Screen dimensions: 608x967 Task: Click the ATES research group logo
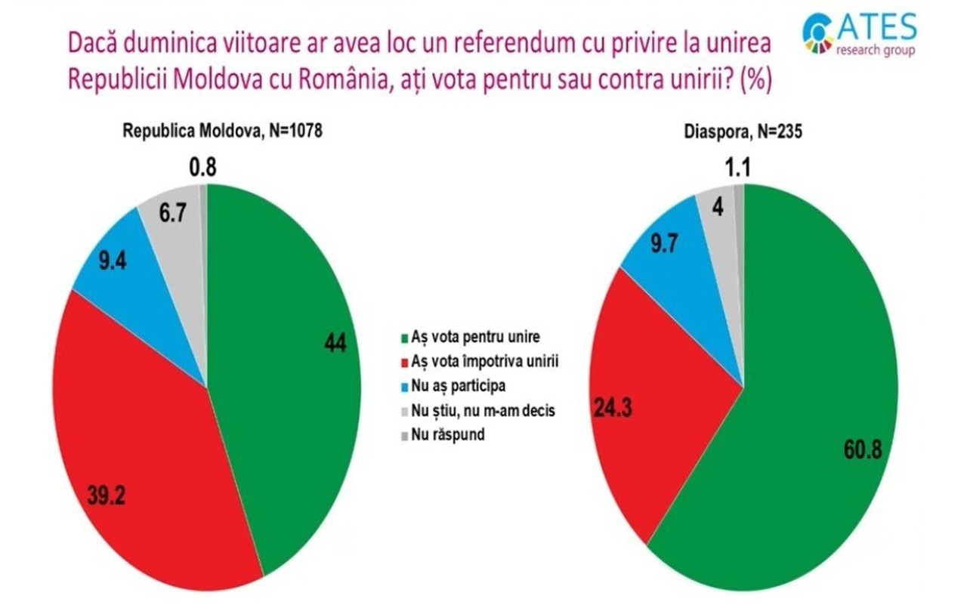point(860,34)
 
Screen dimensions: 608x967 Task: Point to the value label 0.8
point(202,167)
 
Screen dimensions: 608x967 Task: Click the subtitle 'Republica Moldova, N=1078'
point(223,131)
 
